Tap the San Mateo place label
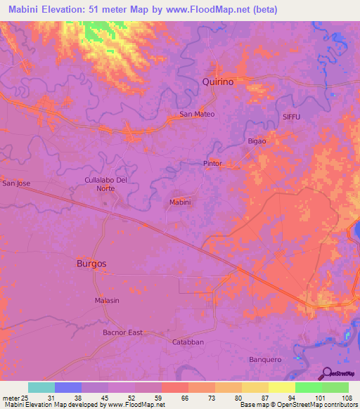coord(196,114)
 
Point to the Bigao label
coord(257,141)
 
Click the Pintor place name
coord(212,164)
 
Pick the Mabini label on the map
coord(181,202)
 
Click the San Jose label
coord(16,183)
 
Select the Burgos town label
coord(91,264)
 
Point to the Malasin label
coord(107,300)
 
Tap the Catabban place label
coord(188,342)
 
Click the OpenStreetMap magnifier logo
coord(324,373)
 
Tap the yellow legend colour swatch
coord(281,387)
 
